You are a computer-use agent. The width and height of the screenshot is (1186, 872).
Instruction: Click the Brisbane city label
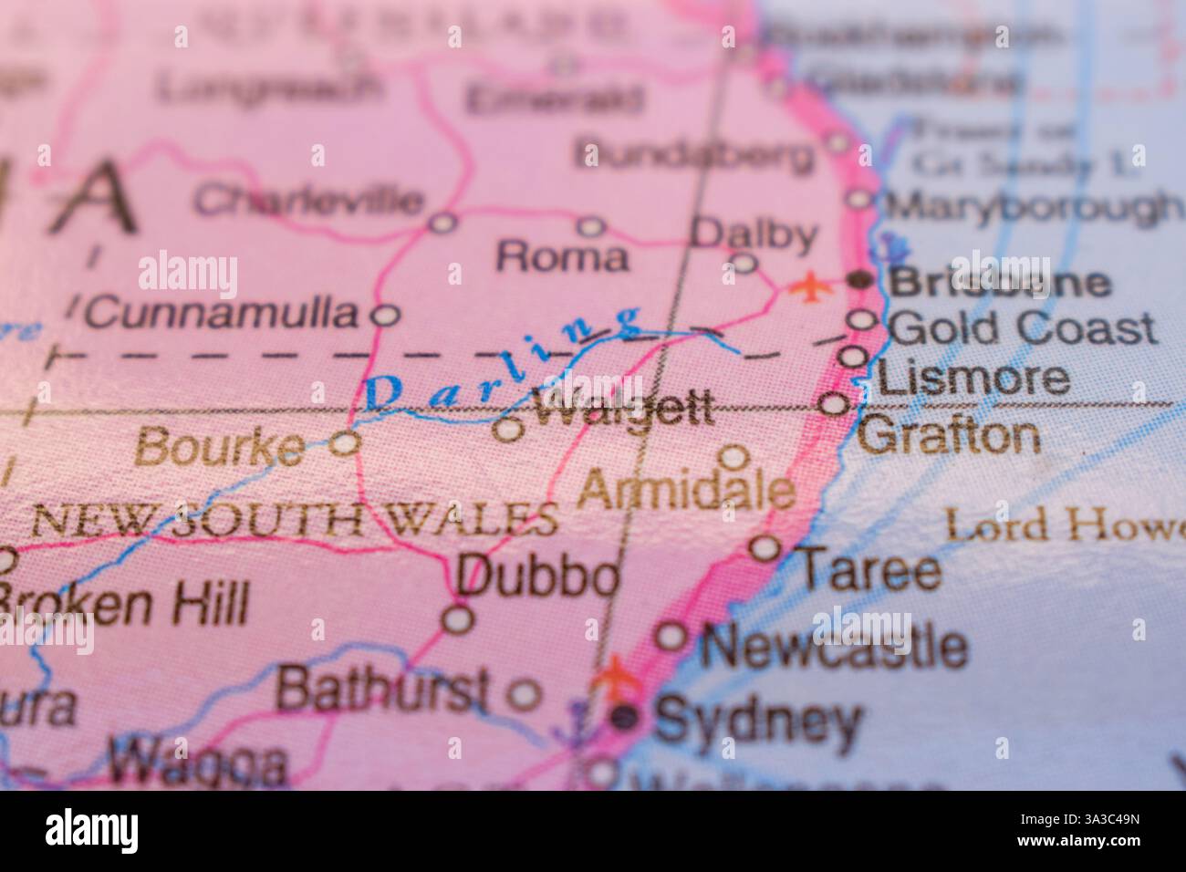click(x=1000, y=283)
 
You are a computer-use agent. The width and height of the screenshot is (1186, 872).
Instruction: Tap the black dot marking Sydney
click(x=625, y=717)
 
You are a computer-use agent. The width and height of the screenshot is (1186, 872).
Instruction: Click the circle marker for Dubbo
click(x=458, y=619)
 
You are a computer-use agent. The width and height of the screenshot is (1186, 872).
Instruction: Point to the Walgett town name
click(x=623, y=411)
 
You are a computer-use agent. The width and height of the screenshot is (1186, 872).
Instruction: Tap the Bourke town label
click(x=220, y=447)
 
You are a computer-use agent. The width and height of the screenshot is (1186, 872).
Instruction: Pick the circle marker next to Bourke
click(x=345, y=443)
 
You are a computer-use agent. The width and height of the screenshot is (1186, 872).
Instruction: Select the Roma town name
click(x=562, y=258)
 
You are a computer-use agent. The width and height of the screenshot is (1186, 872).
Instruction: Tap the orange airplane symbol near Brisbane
click(x=808, y=286)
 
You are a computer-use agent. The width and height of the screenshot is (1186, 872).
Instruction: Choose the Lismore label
click(x=977, y=378)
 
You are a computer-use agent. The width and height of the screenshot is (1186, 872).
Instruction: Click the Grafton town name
click(x=949, y=436)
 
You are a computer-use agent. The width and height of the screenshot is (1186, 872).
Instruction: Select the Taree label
click(x=869, y=571)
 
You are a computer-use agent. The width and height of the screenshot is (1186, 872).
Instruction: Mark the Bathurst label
click(x=382, y=690)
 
